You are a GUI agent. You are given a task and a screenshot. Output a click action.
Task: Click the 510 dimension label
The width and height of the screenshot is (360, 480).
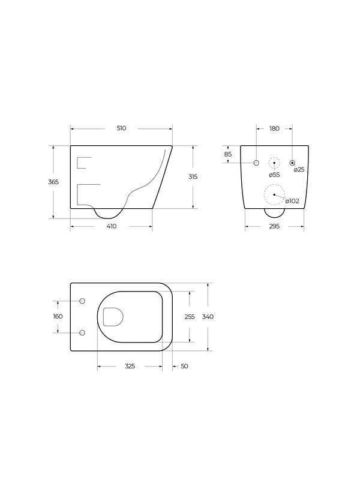[x=122, y=128]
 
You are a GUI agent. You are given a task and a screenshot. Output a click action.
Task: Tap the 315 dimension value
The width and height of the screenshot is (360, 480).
[x=193, y=177]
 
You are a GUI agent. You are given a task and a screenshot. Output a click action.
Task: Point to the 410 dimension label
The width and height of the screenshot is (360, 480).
[x=112, y=226]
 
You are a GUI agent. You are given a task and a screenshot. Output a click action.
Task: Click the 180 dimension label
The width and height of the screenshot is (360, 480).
[x=274, y=128]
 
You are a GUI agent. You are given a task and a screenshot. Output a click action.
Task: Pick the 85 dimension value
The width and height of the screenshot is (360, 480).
[x=228, y=154]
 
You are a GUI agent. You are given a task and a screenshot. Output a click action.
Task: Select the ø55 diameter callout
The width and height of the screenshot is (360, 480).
[x=274, y=175]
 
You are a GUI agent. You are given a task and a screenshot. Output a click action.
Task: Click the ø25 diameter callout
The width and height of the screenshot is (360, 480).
[x=299, y=170]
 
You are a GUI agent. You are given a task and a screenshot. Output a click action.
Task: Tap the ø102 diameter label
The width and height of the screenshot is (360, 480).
[x=292, y=201]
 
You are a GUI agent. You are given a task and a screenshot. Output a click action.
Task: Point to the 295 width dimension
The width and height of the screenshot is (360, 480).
[x=274, y=226]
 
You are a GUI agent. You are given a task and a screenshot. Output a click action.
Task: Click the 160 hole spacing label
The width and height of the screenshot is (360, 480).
[x=58, y=316]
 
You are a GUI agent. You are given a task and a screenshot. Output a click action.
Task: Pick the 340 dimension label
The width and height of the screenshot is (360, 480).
[x=208, y=316]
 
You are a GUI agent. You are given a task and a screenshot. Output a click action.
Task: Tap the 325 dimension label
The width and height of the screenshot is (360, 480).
[x=130, y=366]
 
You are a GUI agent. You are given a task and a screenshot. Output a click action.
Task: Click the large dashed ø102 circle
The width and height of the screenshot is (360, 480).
[x=274, y=194]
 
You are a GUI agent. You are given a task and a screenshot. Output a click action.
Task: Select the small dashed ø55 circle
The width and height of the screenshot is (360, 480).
[x=274, y=163]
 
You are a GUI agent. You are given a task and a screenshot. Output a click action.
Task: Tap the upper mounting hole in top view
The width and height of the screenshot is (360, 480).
[x=83, y=301]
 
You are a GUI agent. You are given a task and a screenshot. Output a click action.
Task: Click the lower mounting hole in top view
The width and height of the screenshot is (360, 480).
[x=83, y=332]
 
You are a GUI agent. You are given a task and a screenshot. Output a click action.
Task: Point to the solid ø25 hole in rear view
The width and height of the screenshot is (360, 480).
[x=292, y=163]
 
